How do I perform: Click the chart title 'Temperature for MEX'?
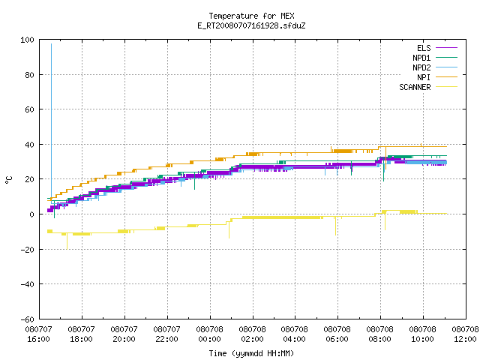251,16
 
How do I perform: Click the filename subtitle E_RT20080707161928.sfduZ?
251,25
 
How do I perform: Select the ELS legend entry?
437,48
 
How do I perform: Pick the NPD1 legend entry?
435,58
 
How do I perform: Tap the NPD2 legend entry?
435,67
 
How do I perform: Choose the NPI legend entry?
437,77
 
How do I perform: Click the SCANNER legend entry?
428,87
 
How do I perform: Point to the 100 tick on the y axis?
27,40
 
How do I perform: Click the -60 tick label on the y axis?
27,319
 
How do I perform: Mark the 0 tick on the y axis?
31,214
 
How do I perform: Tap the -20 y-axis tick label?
27,250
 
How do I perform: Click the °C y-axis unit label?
8,180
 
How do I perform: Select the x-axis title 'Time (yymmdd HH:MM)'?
251,353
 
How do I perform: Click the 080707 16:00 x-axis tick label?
38,334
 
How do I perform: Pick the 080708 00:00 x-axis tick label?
210,334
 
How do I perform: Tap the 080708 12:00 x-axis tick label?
465,334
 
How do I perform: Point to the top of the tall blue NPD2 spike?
51,44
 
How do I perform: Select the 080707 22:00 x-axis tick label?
166,334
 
